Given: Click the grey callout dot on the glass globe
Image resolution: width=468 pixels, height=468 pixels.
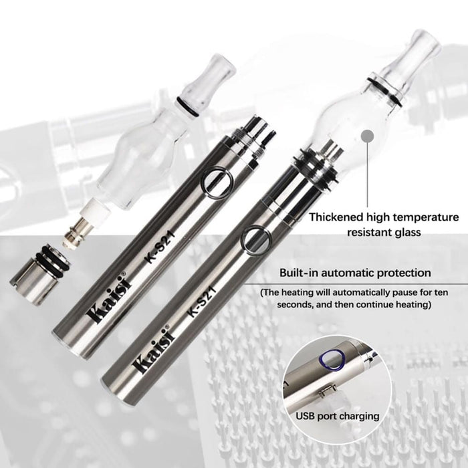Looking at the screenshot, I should click(x=366, y=137).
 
